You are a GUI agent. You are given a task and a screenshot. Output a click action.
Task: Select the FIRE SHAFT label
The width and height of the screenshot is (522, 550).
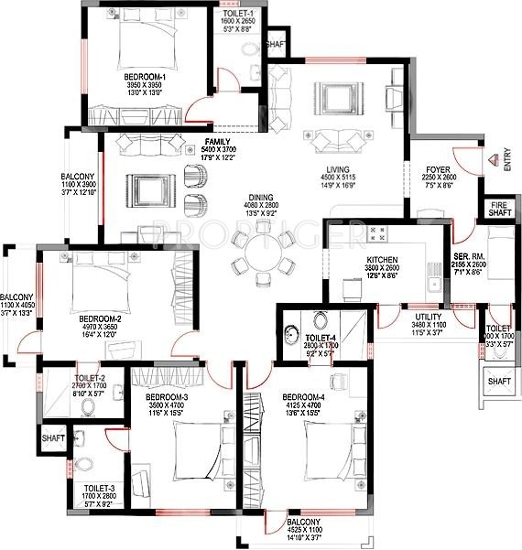coord(499,208)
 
